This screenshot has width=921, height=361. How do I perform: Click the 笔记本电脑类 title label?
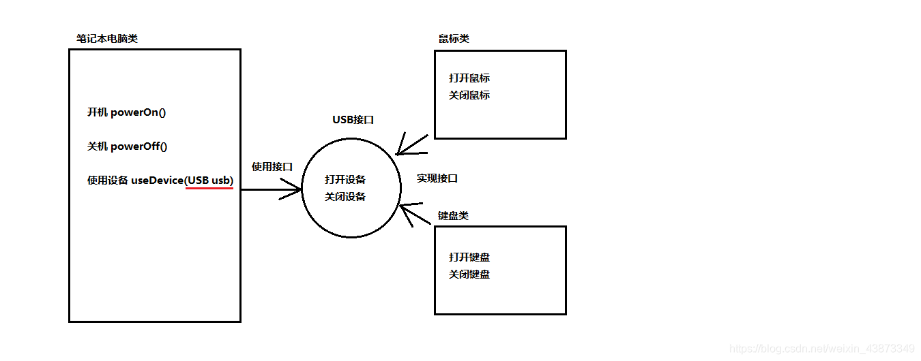point(107,39)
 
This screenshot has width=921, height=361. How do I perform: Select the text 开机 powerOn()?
point(127,112)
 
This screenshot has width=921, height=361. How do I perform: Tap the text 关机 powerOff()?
point(128,146)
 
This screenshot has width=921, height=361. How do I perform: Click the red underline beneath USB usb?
point(209,189)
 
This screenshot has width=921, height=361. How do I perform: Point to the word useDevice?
point(157,180)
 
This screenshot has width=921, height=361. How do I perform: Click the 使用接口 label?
point(272,166)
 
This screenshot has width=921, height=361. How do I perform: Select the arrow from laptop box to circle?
point(271,190)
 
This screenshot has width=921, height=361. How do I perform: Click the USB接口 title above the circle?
point(353,120)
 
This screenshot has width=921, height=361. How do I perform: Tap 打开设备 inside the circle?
point(345,180)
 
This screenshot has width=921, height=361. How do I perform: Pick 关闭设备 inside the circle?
point(345,197)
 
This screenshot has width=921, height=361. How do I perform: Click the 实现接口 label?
point(437,178)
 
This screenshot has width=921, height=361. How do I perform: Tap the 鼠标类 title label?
point(454,39)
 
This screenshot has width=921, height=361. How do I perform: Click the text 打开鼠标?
point(469,78)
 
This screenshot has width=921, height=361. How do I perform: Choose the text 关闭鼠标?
point(469,95)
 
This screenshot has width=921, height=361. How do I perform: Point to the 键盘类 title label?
point(453,216)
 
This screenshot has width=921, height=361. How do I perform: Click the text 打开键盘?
point(469,257)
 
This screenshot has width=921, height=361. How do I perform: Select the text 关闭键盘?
point(469,274)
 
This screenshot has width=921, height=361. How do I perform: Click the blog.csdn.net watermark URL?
point(821,349)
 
